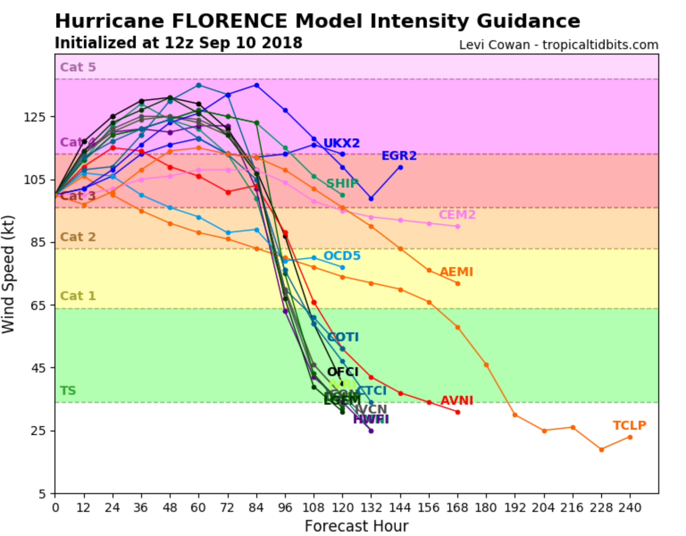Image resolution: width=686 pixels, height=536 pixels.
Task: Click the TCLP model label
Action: [x=629, y=426]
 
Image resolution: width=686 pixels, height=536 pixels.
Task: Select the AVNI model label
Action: [x=457, y=401]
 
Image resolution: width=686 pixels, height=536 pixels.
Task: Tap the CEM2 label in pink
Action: [x=457, y=215]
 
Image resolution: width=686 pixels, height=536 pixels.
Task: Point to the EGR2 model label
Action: [x=399, y=155]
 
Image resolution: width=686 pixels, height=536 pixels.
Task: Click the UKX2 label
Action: [x=341, y=143]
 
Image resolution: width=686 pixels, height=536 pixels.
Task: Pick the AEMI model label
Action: [x=456, y=272]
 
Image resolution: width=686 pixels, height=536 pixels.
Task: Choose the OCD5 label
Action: [x=342, y=256]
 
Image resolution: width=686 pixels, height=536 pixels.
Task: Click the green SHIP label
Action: [x=342, y=183]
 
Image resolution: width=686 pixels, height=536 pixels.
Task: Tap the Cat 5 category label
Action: [x=78, y=67]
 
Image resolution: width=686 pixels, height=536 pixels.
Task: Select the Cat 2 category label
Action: [x=78, y=237]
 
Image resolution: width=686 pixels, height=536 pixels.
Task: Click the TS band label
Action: [x=68, y=391]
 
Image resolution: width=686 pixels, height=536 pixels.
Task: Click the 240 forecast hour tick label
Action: [x=630, y=507]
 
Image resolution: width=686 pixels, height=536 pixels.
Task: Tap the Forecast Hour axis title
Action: [x=356, y=526]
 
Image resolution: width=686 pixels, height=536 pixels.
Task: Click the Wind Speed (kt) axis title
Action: [x=8, y=274]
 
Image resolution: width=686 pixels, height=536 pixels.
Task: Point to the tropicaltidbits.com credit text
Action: [x=600, y=45]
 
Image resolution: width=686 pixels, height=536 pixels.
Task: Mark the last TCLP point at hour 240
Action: [x=630, y=437]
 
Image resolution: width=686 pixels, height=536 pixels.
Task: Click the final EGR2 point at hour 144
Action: [x=400, y=168]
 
